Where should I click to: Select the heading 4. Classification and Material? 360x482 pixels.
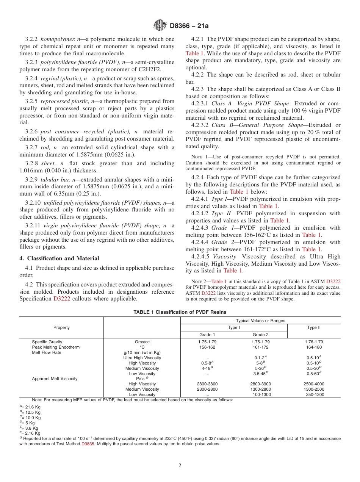pos(59,258)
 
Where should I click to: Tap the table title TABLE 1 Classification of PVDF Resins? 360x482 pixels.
pos(180,312)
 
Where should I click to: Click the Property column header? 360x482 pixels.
pos(61,327)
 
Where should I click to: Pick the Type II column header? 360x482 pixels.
pos(314,327)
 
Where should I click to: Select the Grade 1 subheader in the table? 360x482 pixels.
pos(207,335)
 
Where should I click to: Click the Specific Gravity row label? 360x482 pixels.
pos(47,342)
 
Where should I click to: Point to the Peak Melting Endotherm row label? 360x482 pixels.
pos(54,347)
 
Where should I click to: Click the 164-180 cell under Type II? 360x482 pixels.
pos(314,347)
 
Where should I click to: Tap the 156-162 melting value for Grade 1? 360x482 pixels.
pos(207,347)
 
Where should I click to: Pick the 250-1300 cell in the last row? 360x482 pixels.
pos(315,394)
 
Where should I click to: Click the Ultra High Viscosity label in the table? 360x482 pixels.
pos(142,358)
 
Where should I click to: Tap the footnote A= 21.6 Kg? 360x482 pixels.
pos(30,407)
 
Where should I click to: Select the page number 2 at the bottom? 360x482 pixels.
pos(180,466)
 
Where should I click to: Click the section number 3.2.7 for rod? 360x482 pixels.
pos(31,147)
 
